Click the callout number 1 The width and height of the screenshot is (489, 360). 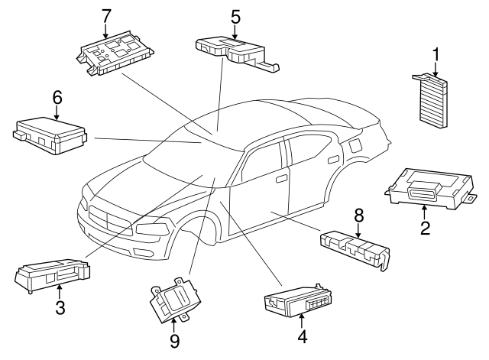[x=436, y=55]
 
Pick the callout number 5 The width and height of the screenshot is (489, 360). [x=235, y=15]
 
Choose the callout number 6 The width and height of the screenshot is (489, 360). [x=57, y=97]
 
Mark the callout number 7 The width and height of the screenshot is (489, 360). [x=106, y=15]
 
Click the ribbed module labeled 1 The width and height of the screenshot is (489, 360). [x=434, y=97]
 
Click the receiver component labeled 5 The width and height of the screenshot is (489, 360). [x=233, y=50]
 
